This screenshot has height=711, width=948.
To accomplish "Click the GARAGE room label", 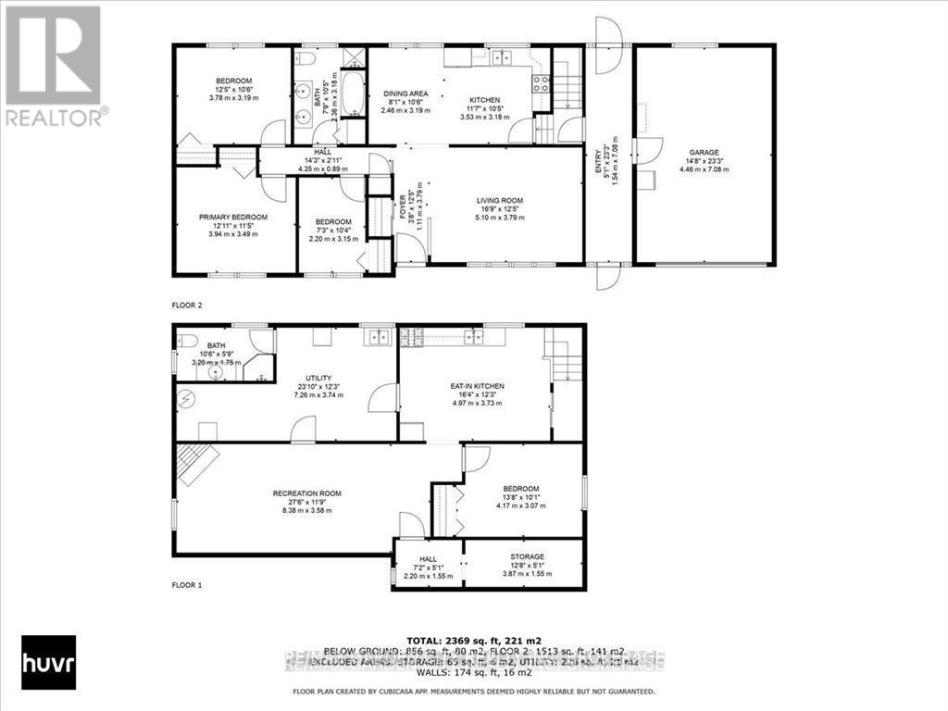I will pos(703,153).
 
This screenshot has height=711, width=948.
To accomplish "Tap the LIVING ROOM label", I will pos(500,200).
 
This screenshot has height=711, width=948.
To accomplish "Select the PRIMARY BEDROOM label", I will pos(232,217).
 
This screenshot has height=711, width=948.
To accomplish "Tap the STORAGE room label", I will pos(526,557).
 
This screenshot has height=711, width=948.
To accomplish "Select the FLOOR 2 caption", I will pos(186,304).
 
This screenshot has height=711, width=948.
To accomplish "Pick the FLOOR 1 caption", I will pos(186,585).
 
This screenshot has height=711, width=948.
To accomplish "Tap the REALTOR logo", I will pos(53,65).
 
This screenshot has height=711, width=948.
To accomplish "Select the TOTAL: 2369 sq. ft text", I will pos(474,641).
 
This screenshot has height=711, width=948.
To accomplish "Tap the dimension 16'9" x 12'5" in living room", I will pos(500,209).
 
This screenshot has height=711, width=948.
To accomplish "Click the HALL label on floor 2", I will pos(322,152).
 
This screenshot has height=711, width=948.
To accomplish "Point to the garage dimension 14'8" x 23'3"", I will pos(703,162).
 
